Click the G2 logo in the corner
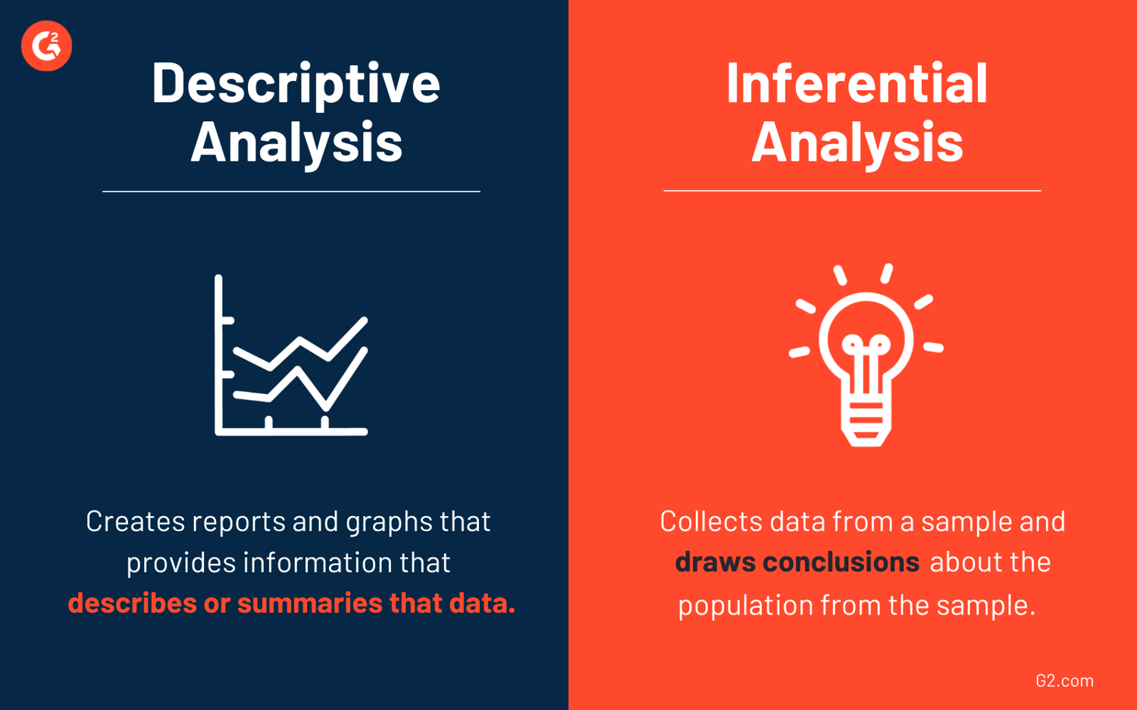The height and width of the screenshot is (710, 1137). coord(46,46)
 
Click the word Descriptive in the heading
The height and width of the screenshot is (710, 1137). coord(296,83)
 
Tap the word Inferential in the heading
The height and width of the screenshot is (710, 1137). coord(857,83)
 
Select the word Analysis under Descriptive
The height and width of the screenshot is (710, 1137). coord(296,142)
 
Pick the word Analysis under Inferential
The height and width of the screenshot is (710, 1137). coord(857,142)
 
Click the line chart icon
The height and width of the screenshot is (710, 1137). coord(292,356)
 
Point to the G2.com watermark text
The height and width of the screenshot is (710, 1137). coord(1064,680)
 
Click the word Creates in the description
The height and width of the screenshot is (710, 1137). coord(136,521)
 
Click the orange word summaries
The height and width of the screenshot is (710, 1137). coord(309,603)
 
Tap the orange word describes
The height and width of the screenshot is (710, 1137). coord(132,603)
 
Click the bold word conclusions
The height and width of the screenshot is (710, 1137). coord(841,562)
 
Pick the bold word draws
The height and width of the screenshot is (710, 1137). coord(715,562)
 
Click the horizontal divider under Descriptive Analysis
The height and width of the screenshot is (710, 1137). coord(291,192)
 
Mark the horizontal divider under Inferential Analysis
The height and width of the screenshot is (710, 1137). coord(852,191)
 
